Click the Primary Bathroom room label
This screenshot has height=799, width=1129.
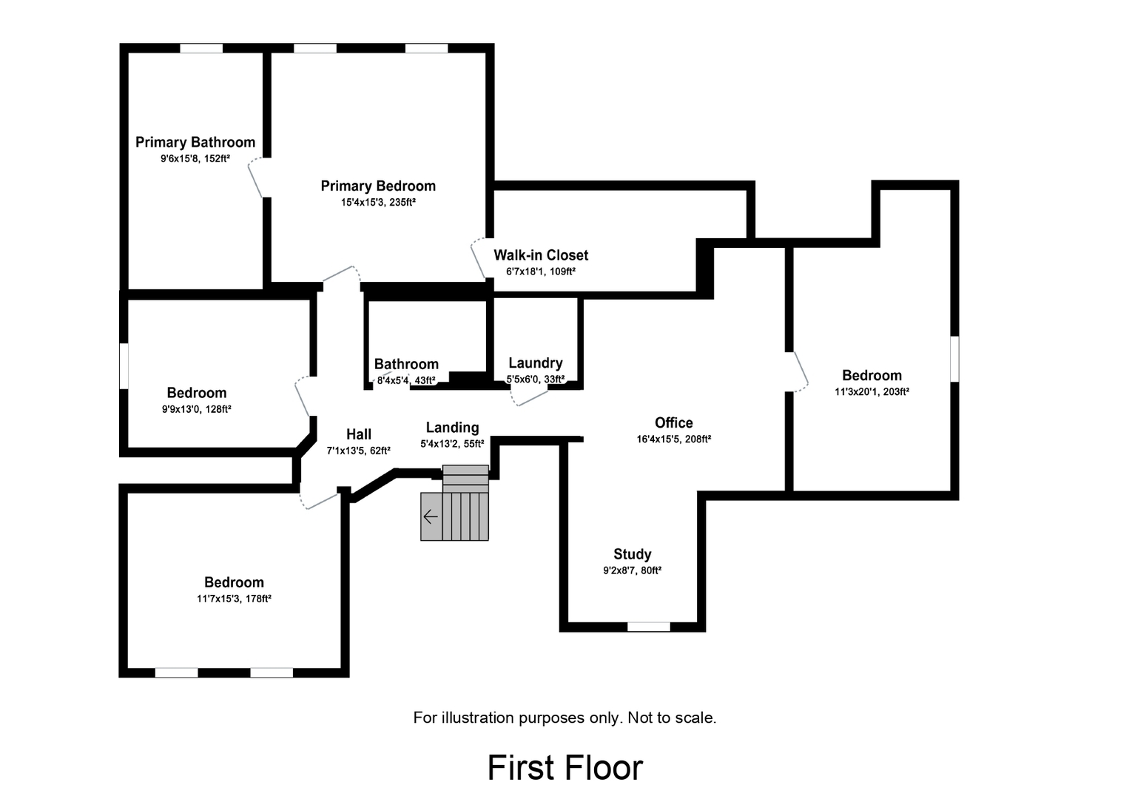pos(195,142)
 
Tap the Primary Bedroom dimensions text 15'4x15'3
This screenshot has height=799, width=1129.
pos(377,202)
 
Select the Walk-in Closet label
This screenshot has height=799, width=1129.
pos(541,255)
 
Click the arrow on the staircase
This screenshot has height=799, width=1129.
pos(431,516)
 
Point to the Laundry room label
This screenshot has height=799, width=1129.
pos(535,363)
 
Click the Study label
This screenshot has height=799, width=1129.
pos(632,554)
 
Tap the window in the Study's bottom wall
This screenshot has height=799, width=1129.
pos(649,627)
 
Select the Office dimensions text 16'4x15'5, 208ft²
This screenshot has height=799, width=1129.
pos(673,439)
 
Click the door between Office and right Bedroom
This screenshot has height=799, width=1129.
pos(798,371)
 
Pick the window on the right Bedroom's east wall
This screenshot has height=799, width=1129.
pos(954,359)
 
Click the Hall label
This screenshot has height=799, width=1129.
pos(359,434)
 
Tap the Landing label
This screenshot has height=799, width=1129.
pos(452,428)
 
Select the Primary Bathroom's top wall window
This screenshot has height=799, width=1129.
pos(201,49)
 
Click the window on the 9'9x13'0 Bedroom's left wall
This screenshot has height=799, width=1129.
pos(124,365)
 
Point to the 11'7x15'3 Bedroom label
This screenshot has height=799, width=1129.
pos(234,582)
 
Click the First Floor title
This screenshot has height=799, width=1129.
pos(564,767)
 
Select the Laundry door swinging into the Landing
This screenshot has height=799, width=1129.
pos(530,397)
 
